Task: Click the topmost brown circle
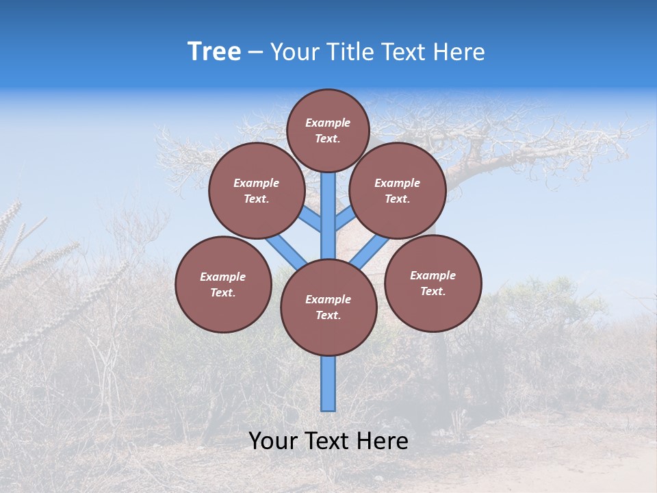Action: pos(328,130)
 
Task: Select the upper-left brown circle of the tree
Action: pos(257,190)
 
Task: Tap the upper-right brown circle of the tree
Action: pos(398,190)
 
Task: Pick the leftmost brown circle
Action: pos(223,284)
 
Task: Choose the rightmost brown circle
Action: pos(433,283)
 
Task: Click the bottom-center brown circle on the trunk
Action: pos(328,307)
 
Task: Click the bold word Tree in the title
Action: pos(214,51)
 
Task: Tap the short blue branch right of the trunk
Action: pos(345,218)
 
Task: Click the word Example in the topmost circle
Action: pos(328,123)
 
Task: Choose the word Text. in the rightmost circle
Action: pos(433,291)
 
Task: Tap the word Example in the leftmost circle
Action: pos(222,277)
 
